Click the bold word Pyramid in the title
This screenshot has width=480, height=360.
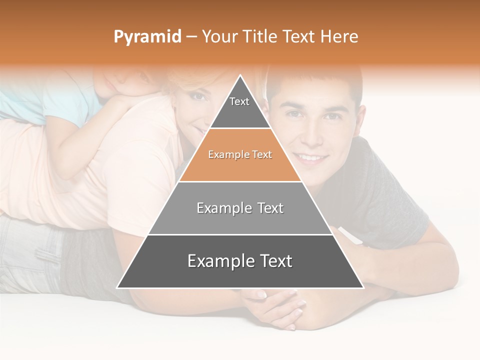[x=147, y=37]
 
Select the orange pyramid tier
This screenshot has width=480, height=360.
[x=240, y=155]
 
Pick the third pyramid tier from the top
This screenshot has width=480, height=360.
[x=240, y=208]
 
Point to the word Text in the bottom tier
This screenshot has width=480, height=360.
[x=272, y=261]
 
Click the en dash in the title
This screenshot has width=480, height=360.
[x=191, y=37]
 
